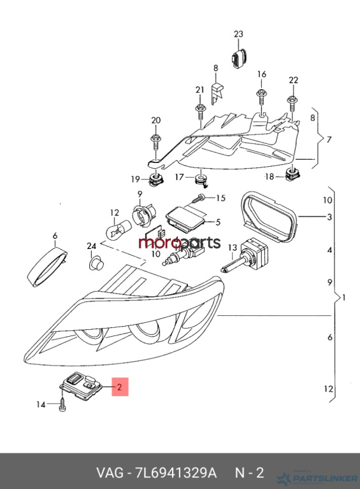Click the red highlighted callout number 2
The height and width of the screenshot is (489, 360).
[120, 387]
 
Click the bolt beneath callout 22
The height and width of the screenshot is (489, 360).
[292, 104]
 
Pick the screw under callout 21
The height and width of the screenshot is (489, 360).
[199, 111]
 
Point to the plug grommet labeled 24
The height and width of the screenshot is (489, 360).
[96, 263]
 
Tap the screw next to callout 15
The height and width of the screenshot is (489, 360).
[198, 198]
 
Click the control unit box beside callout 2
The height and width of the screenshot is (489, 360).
[81, 386]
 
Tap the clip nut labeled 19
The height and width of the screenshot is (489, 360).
[156, 180]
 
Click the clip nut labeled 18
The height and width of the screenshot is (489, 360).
[292, 176]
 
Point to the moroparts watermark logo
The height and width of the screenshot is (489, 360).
[180, 243]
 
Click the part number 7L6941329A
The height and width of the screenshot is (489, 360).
[176, 473]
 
